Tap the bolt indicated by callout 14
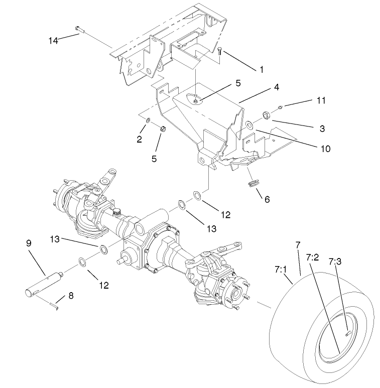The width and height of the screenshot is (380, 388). (78, 29)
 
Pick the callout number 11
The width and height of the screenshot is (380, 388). (321, 100)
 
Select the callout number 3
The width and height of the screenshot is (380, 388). (321, 128)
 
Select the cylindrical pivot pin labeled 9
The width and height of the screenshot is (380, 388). (44, 284)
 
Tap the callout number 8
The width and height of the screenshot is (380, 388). (70, 296)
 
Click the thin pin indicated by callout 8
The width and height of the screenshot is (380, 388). (55, 305)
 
